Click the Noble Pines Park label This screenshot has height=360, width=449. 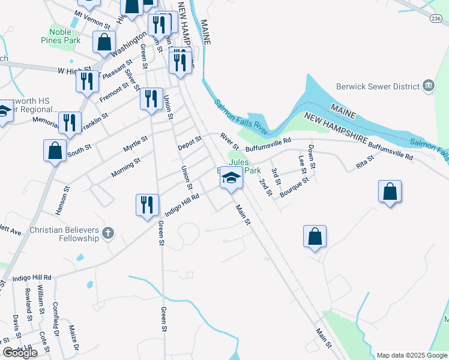tap(65, 35)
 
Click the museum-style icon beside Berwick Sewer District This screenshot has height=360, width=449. tap(429, 86)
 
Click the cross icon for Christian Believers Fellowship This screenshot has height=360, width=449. tap(108, 233)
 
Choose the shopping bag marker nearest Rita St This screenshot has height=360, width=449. tap(390, 192)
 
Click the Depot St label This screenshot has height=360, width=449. tap(189, 143)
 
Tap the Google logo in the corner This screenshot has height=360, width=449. tap(20, 353)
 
